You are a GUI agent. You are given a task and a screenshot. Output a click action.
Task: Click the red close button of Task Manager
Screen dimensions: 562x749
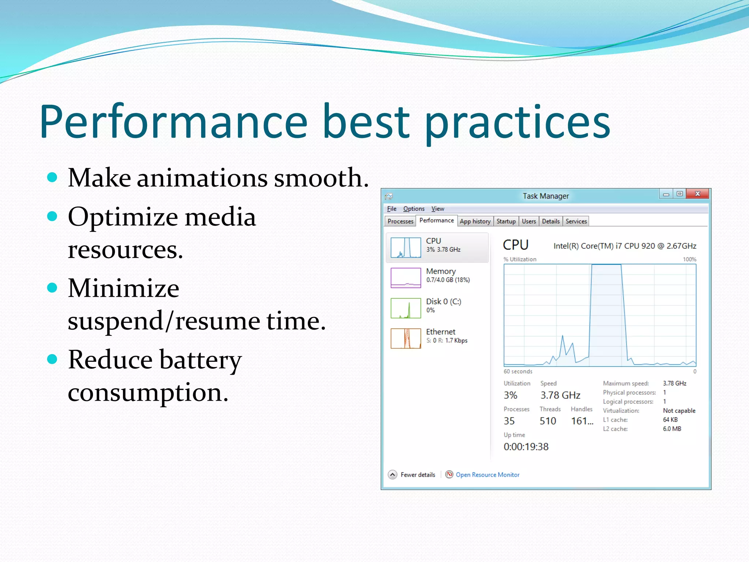click(x=697, y=194)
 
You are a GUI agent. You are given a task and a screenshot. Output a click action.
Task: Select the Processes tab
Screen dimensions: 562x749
click(x=400, y=221)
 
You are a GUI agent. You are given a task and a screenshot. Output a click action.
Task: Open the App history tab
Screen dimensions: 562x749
click(x=475, y=221)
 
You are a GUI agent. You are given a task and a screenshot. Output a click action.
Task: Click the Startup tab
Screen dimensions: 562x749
click(x=506, y=221)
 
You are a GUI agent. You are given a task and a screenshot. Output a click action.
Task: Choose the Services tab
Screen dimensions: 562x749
click(x=576, y=221)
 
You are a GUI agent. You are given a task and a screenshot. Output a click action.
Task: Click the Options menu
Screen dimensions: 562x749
click(x=414, y=209)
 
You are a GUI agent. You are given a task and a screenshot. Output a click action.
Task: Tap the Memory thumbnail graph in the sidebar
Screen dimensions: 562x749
click(x=406, y=278)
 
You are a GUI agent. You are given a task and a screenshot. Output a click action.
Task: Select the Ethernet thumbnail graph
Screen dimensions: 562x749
click(x=406, y=338)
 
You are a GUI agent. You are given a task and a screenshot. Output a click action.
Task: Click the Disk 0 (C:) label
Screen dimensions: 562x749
click(x=443, y=301)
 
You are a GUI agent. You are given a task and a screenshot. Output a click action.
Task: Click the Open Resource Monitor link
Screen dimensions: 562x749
click(x=487, y=475)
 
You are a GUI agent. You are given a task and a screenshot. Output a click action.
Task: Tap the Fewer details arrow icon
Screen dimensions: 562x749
click(x=392, y=475)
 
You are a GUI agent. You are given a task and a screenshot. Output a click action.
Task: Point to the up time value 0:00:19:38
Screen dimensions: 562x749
click(x=526, y=447)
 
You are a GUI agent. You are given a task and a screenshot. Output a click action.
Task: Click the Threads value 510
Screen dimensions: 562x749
click(x=547, y=421)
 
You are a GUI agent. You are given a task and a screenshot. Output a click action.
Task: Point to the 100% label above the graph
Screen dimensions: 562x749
click(x=689, y=259)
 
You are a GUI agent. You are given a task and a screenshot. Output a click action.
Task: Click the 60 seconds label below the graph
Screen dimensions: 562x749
click(x=518, y=371)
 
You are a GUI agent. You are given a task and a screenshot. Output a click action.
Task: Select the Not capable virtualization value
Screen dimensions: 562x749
click(x=679, y=411)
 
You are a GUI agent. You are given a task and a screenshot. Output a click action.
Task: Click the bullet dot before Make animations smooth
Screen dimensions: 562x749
click(x=52, y=177)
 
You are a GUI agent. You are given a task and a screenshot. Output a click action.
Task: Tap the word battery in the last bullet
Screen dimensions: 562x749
click(x=200, y=360)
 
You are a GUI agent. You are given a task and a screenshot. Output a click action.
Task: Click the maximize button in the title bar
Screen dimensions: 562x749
click(x=680, y=194)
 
